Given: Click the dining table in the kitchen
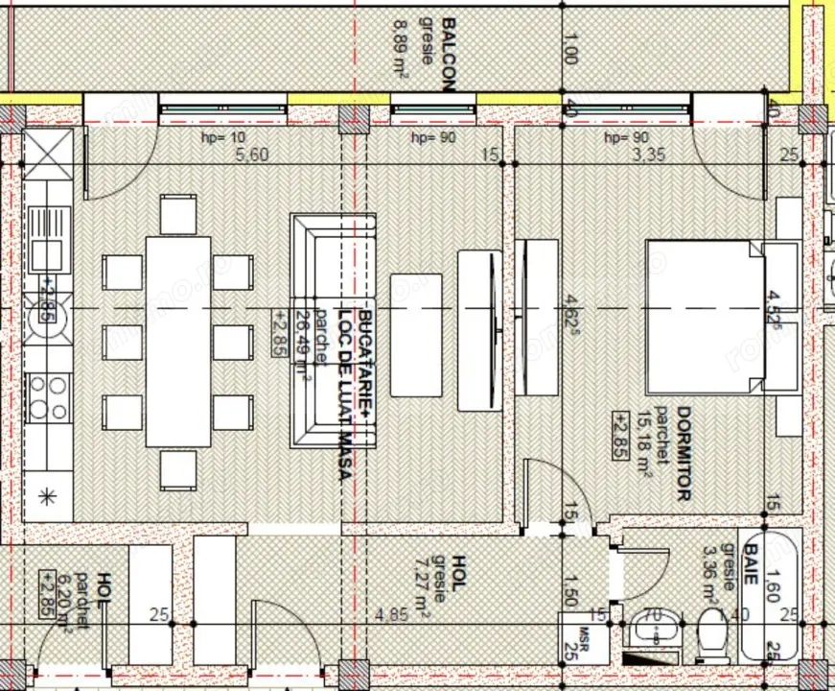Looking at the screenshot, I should [178, 341].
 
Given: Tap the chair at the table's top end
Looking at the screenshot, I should [178, 214].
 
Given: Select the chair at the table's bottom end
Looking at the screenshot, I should [178, 470].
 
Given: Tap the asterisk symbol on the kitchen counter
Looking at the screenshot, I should [46, 496].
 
